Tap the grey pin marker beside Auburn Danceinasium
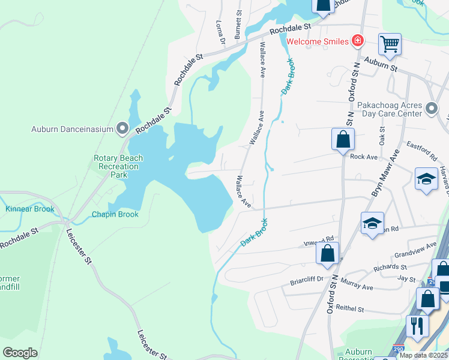(123, 128)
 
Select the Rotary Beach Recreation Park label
(118, 166)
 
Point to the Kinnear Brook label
(29, 209)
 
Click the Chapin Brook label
(115, 214)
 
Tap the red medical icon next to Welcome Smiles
(358, 41)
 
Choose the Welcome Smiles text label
(318, 41)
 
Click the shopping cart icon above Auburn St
(390, 44)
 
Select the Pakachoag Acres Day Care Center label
(390, 109)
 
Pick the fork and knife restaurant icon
(416, 326)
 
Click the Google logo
(20, 353)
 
